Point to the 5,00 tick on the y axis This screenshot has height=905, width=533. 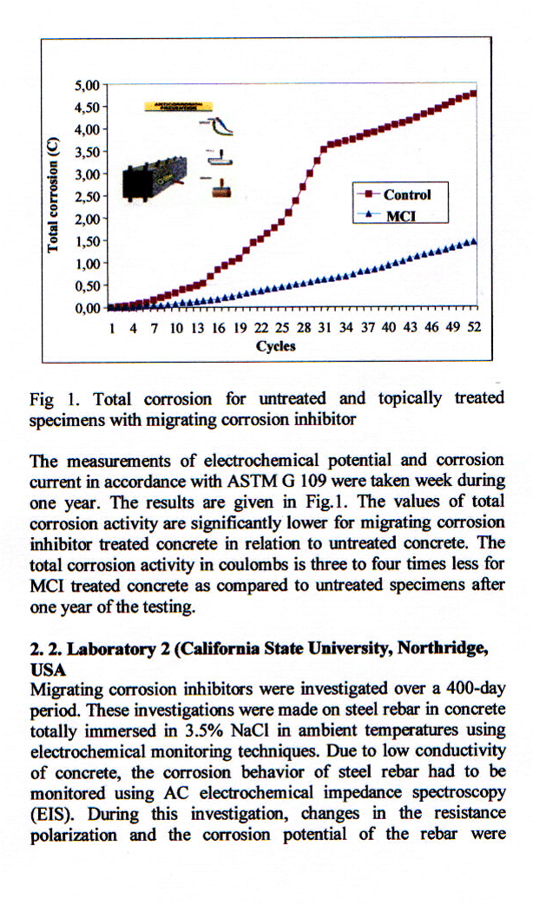[x=89, y=85]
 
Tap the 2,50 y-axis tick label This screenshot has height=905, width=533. [x=89, y=196]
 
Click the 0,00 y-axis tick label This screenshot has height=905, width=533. [x=89, y=306]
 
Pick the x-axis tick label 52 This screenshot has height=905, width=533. [x=474, y=328]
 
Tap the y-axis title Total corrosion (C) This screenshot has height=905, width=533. [x=54, y=196]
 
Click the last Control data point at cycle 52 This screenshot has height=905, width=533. [x=474, y=93]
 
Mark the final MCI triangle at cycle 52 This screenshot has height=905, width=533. [x=474, y=242]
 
